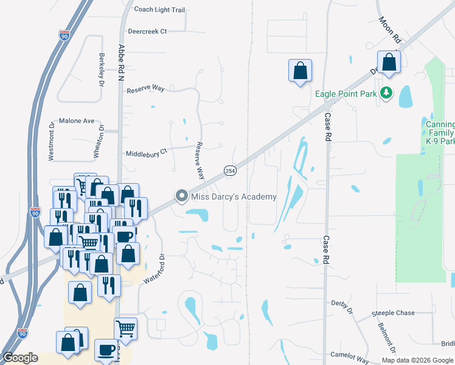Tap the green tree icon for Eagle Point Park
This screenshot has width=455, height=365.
[x=384, y=93]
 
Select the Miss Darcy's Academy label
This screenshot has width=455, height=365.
[x=234, y=196]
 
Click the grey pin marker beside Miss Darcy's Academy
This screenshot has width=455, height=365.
[x=181, y=196]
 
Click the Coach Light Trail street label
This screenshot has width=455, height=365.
[x=159, y=10]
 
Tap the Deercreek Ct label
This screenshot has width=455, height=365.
[x=147, y=31]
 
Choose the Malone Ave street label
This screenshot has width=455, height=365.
[x=77, y=121]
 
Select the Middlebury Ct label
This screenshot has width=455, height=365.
[x=145, y=153]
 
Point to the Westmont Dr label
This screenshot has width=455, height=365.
[x=51, y=142]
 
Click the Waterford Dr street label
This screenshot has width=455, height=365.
[x=154, y=268]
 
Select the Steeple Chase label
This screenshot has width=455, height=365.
[x=393, y=313]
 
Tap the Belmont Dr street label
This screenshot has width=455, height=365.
[x=387, y=339]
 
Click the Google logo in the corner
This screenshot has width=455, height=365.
[x=20, y=357]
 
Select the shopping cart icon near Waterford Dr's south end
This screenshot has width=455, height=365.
[x=125, y=328]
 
